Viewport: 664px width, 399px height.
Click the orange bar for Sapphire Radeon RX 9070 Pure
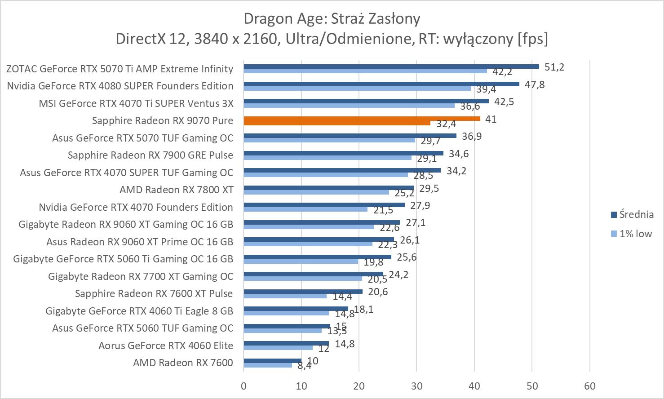coord(362,119)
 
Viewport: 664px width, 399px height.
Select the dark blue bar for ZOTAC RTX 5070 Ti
coord(391,66)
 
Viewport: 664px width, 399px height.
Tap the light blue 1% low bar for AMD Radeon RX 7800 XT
coord(316,192)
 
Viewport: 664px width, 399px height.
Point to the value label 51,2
coord(554,67)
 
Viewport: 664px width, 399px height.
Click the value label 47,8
coord(535,84)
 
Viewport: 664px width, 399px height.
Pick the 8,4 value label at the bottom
coord(305,366)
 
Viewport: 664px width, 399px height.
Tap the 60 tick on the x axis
coord(590,386)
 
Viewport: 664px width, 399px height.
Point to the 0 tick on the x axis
coord(243,386)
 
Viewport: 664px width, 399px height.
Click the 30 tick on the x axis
coord(416,386)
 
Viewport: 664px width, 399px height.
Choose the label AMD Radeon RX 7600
coord(183,363)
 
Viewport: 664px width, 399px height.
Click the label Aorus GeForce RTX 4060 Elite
coord(166,346)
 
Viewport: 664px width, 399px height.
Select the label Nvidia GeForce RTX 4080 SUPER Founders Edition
coord(120,86)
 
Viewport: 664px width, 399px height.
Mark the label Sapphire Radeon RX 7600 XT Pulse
coord(154,293)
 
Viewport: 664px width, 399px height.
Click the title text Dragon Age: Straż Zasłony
coord(332,18)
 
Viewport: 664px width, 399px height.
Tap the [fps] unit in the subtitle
coord(533,39)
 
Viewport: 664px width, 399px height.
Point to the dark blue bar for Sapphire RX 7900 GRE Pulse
coord(343,153)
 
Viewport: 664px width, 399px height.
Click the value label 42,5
coord(504,102)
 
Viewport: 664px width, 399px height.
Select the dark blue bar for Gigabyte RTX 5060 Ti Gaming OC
coord(317,257)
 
